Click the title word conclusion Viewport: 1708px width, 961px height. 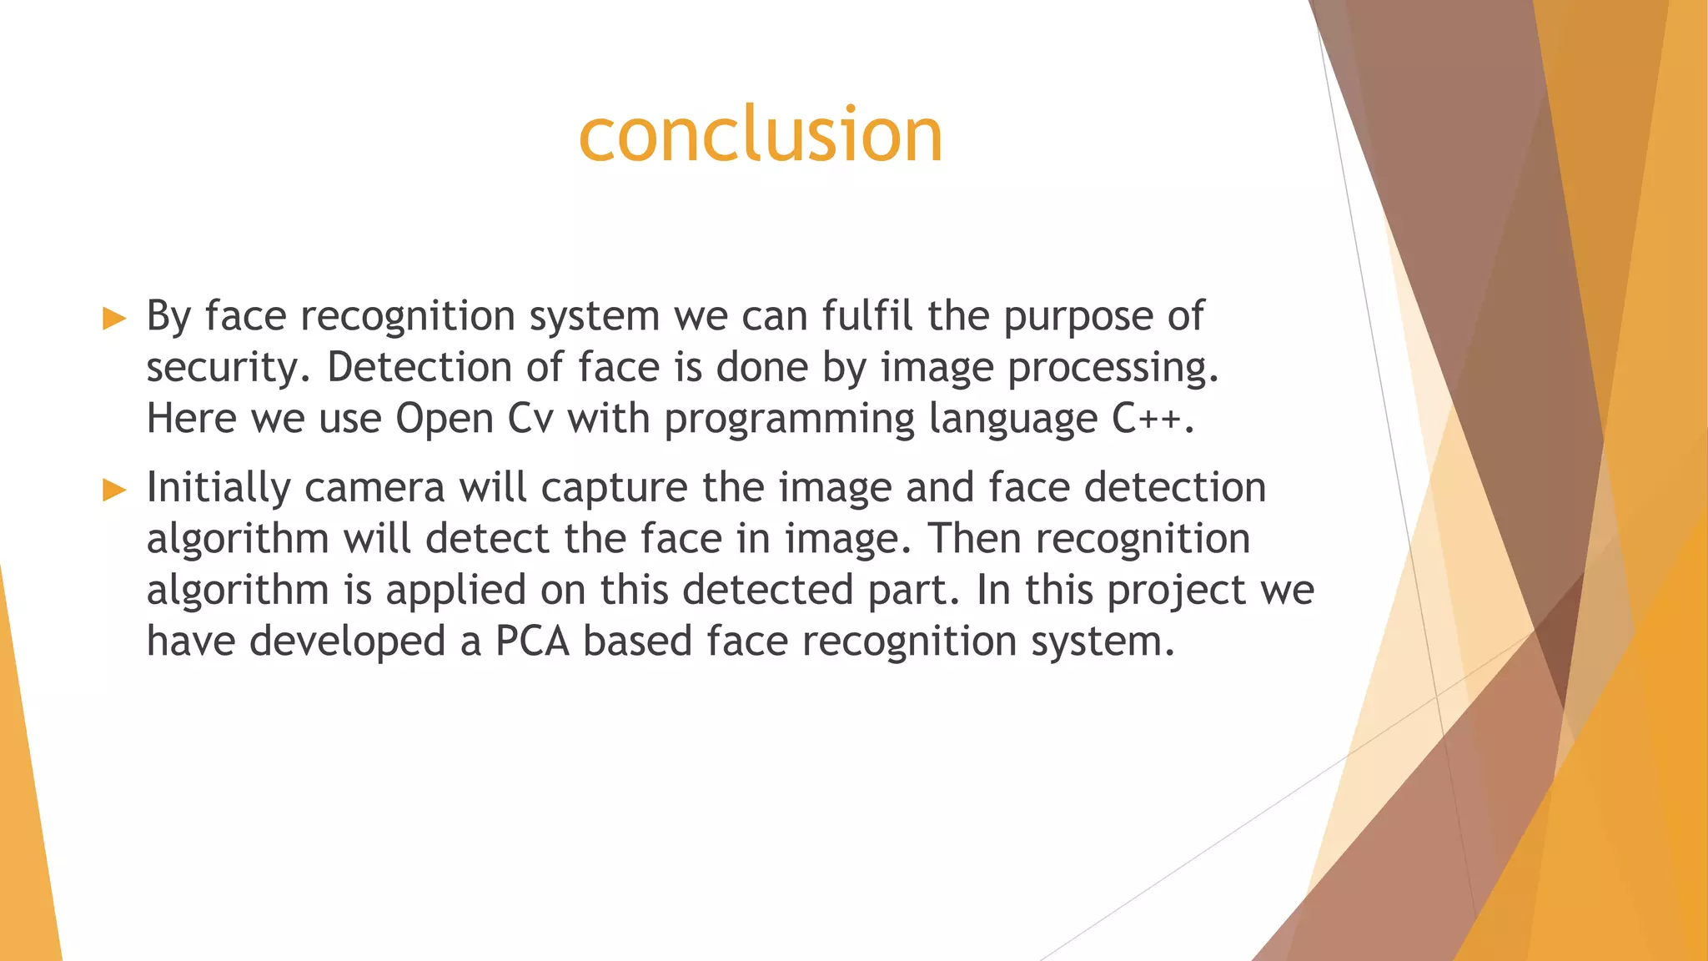760,134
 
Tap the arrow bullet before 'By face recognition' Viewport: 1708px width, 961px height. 114,319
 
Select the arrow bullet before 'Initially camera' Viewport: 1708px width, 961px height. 114,491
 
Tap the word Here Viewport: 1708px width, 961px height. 191,418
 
